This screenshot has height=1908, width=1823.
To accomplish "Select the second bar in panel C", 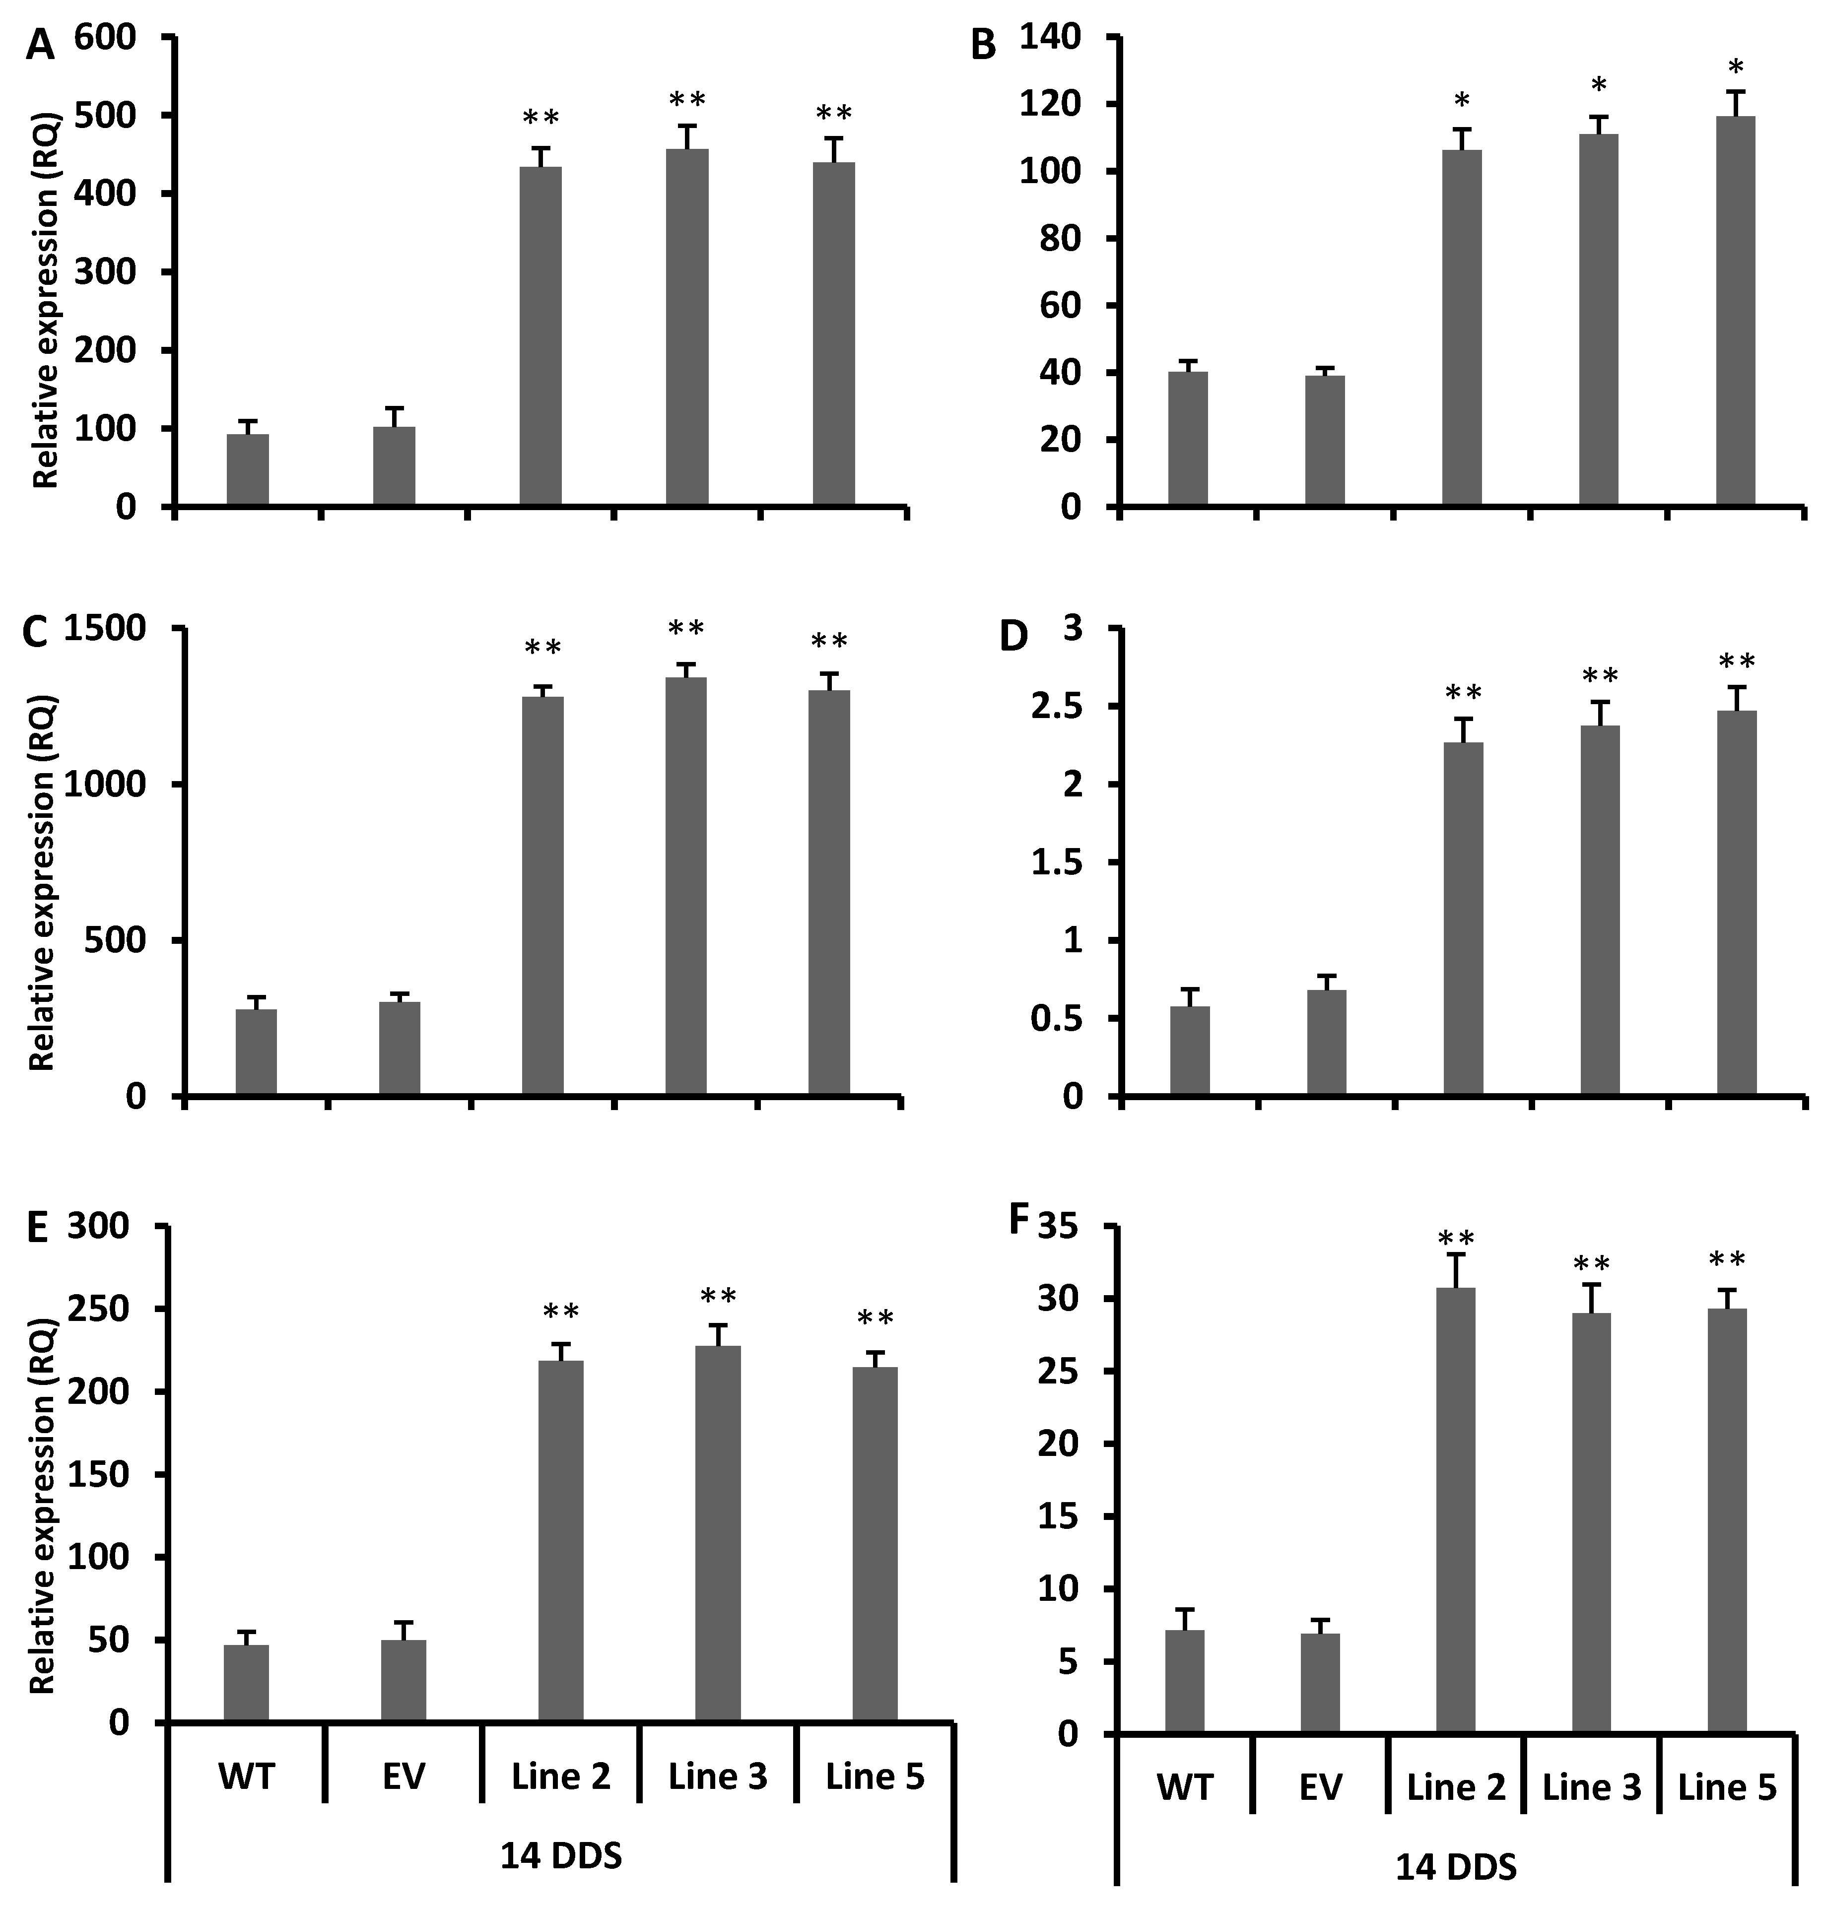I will (400, 1049).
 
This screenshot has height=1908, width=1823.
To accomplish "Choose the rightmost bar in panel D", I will (1737, 904).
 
